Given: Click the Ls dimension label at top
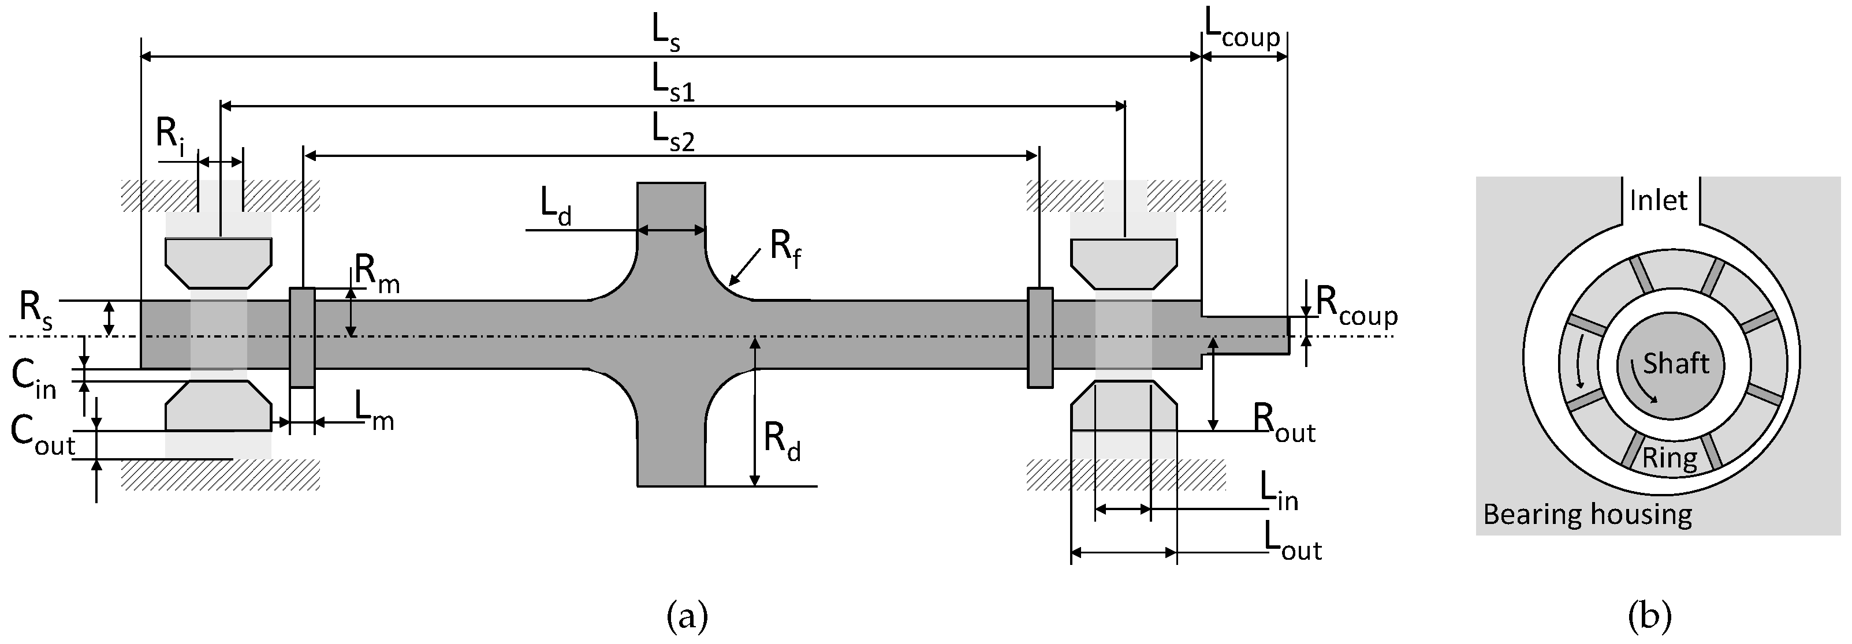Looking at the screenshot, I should [666, 34].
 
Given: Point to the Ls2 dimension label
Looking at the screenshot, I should [673, 133].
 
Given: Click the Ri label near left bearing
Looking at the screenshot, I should [170, 134].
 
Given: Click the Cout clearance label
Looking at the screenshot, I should [42, 436].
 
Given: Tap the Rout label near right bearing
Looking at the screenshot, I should [1284, 424].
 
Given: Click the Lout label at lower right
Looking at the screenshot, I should [1292, 544].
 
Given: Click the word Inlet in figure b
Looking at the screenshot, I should [1658, 200].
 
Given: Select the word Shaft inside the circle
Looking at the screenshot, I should [1675, 364].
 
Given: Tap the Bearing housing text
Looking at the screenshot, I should [1588, 515].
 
